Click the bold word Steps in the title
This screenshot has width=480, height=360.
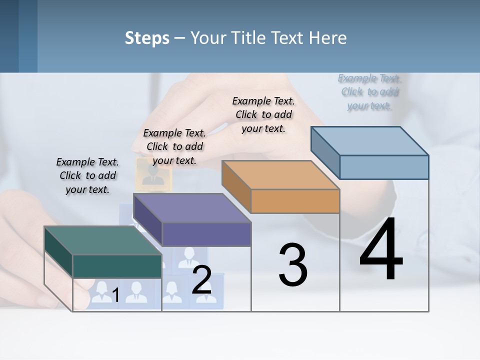[147, 38]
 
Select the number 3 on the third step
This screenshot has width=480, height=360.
[293, 265]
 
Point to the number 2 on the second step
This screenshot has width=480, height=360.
[201, 280]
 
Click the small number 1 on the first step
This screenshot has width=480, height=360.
[115, 295]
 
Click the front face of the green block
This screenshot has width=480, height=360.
[117, 266]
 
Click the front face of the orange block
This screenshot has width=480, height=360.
[295, 201]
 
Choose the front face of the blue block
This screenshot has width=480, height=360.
[384, 167]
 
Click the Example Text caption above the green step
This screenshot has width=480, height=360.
[87, 175]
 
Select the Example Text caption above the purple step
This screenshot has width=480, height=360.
[174, 146]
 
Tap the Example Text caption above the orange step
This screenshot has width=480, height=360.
[263, 114]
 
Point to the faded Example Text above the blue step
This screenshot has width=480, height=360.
[369, 92]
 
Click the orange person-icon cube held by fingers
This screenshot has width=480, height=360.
[153, 173]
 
